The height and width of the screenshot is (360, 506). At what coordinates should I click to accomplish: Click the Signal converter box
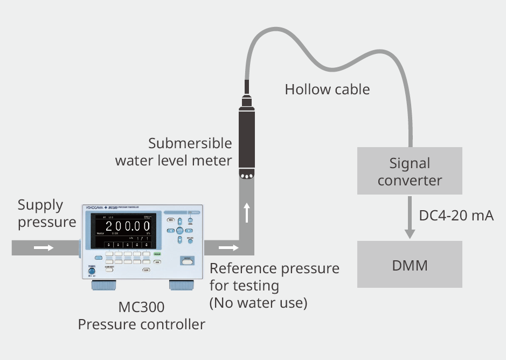(410, 171)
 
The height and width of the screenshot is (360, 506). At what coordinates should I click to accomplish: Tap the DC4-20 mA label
(456, 216)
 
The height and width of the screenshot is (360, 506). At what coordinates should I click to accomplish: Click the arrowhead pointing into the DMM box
(410, 234)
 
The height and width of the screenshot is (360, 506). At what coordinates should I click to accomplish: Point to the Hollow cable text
(327, 89)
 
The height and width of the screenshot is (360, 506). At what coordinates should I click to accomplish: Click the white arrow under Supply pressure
(44, 248)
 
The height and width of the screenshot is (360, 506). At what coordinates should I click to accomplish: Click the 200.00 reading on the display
(124, 225)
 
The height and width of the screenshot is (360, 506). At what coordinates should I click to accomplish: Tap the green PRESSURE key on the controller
(158, 253)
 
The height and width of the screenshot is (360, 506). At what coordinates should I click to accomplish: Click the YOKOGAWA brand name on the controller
(95, 207)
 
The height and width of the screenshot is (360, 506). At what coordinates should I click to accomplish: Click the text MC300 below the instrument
(141, 308)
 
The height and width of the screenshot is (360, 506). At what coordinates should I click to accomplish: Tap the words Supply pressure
(47, 213)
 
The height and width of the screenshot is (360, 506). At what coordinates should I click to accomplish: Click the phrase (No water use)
(258, 303)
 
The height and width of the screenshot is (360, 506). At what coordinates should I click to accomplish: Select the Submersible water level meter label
(174, 152)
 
